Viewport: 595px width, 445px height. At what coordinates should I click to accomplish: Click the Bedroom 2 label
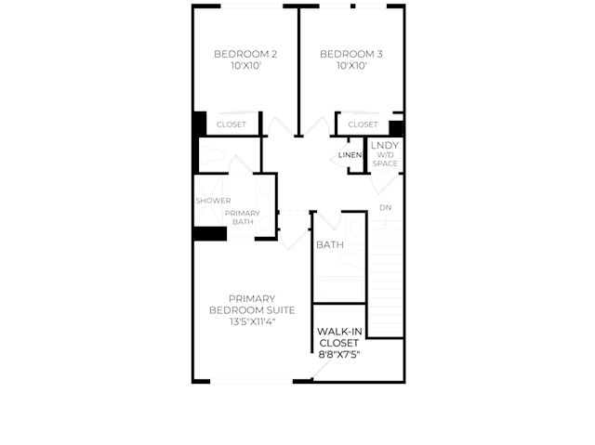(x=245, y=54)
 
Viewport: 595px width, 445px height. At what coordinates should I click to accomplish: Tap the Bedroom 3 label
(x=351, y=54)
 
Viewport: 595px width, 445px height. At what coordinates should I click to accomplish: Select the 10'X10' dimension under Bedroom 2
(x=245, y=66)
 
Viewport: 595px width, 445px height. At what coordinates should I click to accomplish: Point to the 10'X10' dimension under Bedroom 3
(x=351, y=66)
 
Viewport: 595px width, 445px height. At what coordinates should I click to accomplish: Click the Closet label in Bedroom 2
(x=231, y=124)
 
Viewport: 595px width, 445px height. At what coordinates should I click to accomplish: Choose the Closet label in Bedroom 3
(x=363, y=124)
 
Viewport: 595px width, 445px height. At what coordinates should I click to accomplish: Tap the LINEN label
(x=350, y=155)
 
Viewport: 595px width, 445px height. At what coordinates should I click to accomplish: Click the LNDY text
(x=385, y=146)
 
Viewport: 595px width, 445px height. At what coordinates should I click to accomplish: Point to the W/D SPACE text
(x=385, y=159)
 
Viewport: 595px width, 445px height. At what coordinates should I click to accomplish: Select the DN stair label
(x=385, y=208)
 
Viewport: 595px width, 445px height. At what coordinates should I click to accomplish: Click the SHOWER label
(x=213, y=201)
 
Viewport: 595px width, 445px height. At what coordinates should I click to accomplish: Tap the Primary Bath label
(x=243, y=217)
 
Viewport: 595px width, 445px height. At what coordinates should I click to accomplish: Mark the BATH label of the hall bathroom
(x=330, y=245)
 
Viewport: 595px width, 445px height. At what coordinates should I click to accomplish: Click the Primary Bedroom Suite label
(x=252, y=305)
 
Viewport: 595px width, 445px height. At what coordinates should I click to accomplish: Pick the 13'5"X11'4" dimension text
(x=252, y=321)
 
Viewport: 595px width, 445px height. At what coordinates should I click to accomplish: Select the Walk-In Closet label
(x=339, y=337)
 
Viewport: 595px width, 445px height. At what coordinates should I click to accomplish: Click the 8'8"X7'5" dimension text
(x=339, y=355)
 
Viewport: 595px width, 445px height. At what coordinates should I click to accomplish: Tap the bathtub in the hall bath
(x=338, y=290)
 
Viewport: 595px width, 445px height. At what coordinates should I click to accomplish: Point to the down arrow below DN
(x=385, y=220)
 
